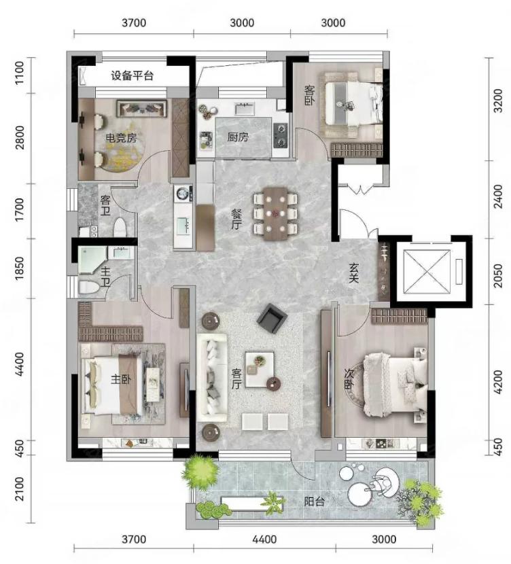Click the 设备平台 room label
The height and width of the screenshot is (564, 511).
pos(132,76)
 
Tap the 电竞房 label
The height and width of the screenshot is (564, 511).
pos(121,138)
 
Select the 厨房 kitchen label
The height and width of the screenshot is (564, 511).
pos(238,137)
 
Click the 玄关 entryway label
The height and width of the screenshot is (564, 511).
pos(354,273)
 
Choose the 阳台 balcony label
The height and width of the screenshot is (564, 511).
pos(315,501)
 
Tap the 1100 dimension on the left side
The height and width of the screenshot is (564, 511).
pos(20,72)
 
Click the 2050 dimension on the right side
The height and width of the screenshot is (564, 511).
pos(497,275)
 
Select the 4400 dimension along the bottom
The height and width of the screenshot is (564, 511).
pos(264,539)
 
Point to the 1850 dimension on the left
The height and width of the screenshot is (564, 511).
pos(20,268)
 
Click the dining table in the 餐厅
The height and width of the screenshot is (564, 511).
pos(275,213)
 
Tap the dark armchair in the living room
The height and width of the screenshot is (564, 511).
pos(272,318)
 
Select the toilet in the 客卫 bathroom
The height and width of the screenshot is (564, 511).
pos(120,228)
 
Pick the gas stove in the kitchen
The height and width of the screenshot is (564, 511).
pos(281,135)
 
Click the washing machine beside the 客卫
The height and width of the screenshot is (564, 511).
pos(183,193)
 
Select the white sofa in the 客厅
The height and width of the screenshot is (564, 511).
pos(212,378)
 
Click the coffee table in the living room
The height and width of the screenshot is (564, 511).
pos(260,370)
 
